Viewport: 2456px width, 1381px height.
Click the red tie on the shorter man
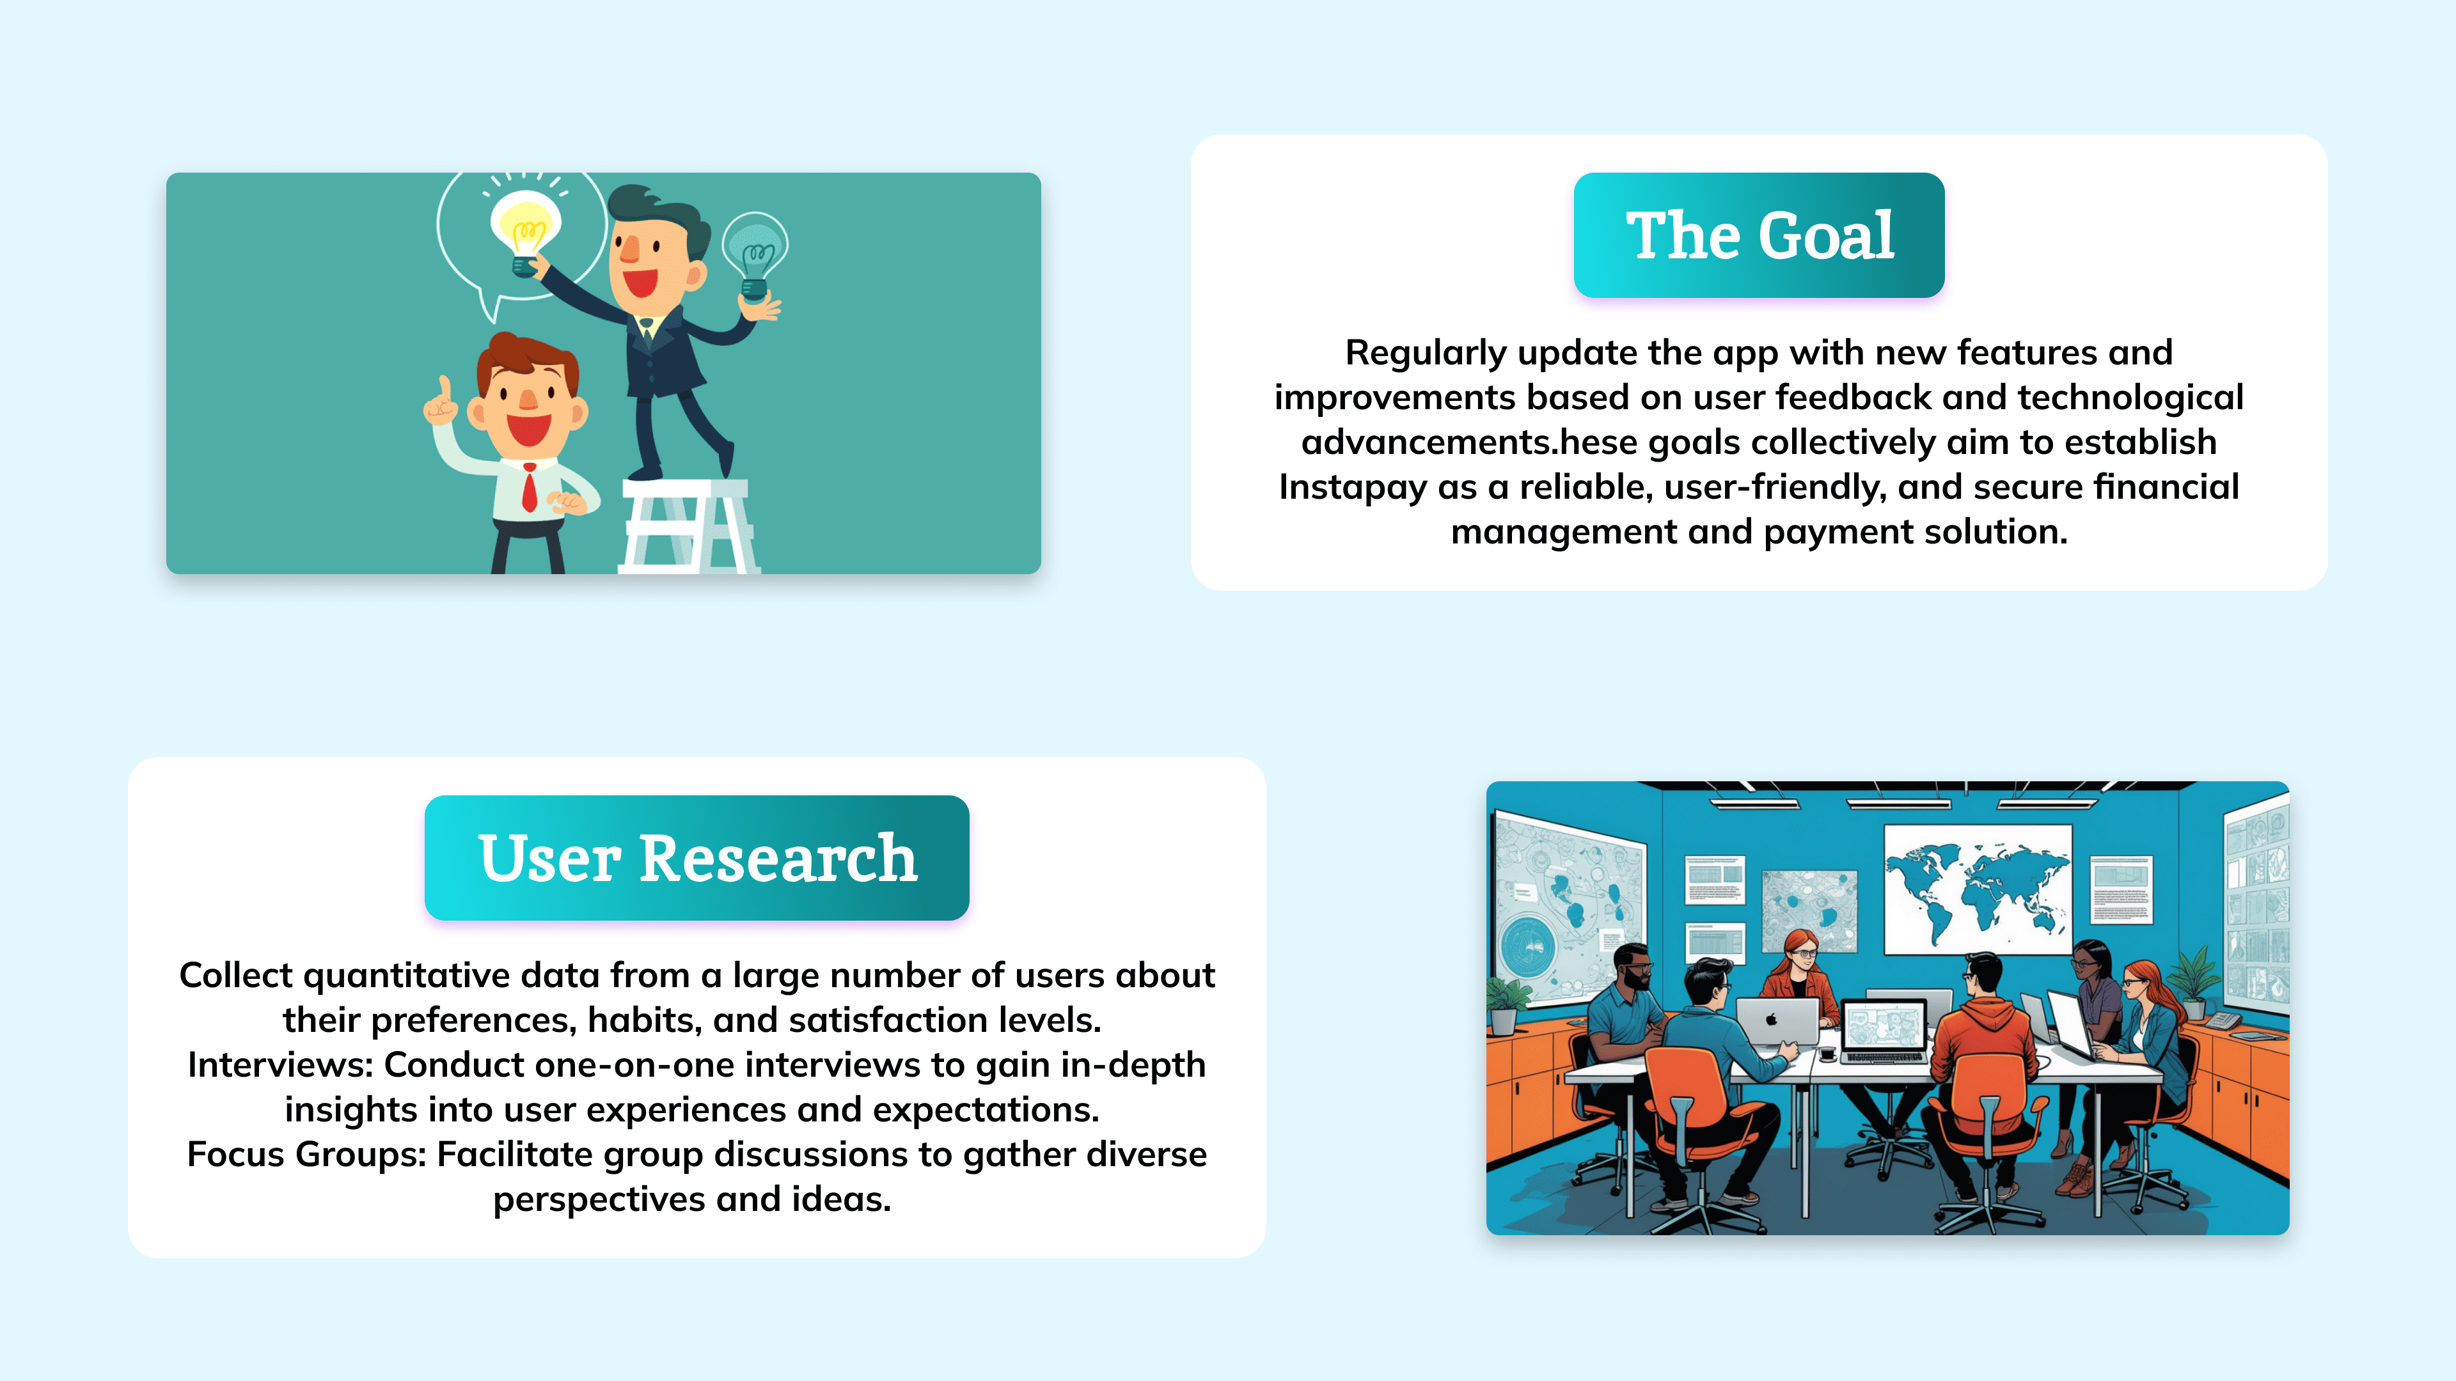529,487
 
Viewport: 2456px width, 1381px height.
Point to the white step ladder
686,526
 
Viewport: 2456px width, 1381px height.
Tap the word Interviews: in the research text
280,1065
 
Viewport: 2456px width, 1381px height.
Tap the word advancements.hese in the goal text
1469,442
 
